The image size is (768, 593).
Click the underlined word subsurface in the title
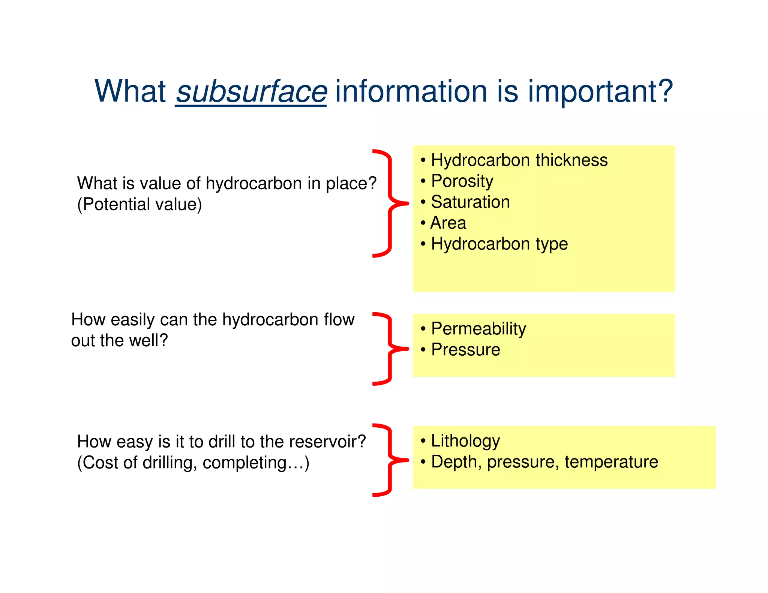(251, 92)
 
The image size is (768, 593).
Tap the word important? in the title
(600, 92)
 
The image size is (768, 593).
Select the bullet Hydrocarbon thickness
(519, 160)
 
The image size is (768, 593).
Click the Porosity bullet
(462, 181)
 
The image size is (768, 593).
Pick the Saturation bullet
(470, 202)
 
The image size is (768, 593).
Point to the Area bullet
(448, 223)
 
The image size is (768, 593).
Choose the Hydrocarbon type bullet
(499, 244)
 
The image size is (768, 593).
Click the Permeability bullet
(478, 329)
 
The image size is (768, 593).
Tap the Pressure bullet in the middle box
(465, 350)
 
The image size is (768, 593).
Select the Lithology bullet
(465, 441)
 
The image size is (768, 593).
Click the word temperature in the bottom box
(611, 462)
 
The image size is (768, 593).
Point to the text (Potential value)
(139, 205)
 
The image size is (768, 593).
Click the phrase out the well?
(119, 341)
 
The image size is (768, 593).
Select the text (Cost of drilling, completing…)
(193, 463)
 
